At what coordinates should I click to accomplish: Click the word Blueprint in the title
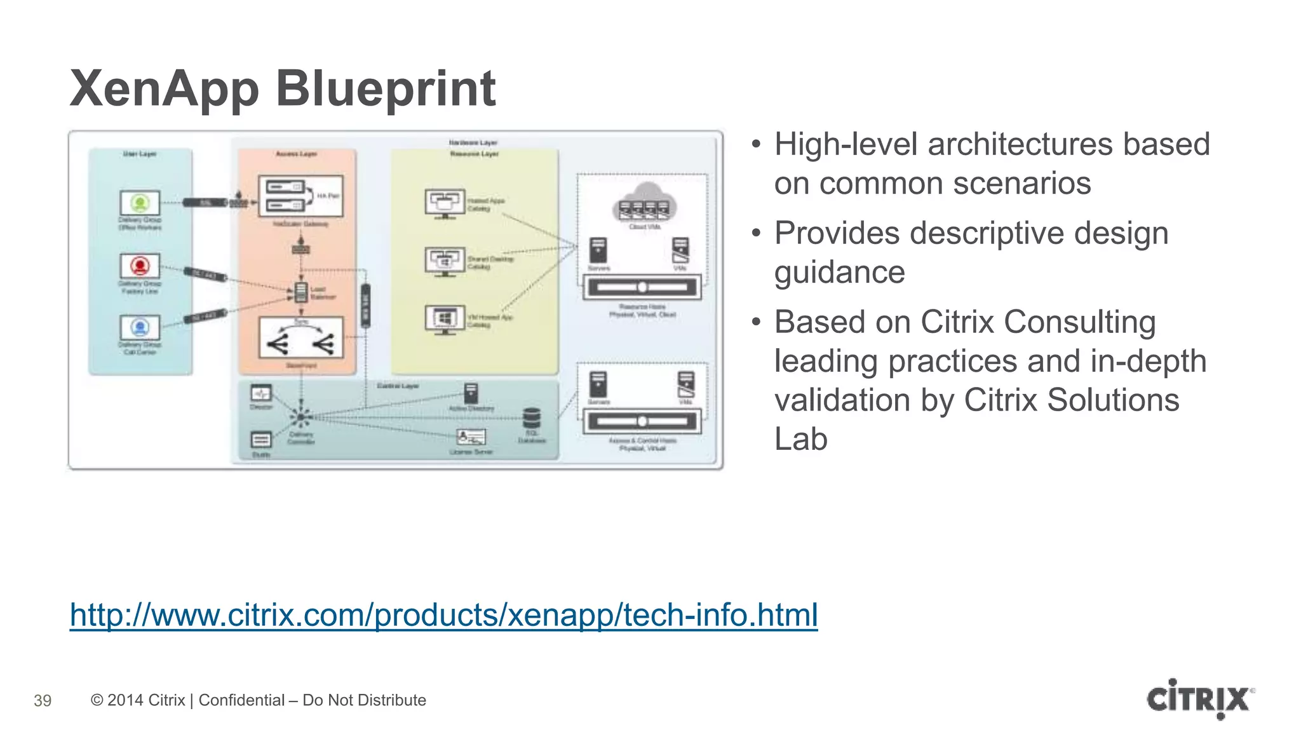(x=385, y=89)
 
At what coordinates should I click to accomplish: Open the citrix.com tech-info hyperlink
(x=443, y=615)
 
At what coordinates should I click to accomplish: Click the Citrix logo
(x=1199, y=699)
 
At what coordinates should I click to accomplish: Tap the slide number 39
(x=43, y=701)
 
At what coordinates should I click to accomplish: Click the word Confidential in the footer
(x=241, y=700)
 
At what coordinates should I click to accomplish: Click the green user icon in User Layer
(x=140, y=203)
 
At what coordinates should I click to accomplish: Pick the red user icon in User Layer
(x=140, y=266)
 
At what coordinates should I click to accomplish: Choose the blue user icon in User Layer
(x=140, y=327)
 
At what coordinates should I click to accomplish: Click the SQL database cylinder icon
(x=532, y=419)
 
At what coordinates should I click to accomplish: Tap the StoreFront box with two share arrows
(x=301, y=338)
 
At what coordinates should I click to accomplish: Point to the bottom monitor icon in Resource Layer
(x=445, y=319)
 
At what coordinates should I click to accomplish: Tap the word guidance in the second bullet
(x=839, y=273)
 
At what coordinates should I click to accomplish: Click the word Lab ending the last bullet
(x=800, y=439)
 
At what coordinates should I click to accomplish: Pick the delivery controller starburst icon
(x=300, y=417)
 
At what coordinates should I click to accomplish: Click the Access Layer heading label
(x=296, y=154)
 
